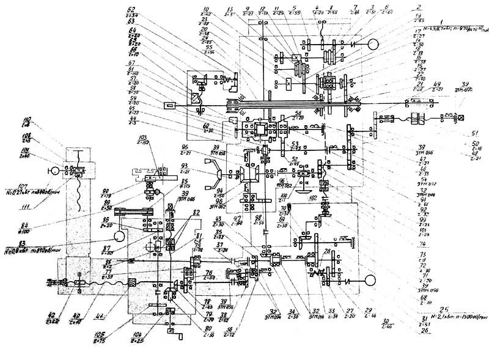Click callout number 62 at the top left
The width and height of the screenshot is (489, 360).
click(131, 9)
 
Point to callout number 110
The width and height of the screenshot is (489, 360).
click(26, 119)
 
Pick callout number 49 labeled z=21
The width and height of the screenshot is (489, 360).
click(436, 84)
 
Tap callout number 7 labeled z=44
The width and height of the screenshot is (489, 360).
click(355, 7)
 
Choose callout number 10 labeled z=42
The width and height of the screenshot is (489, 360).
click(205, 9)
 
